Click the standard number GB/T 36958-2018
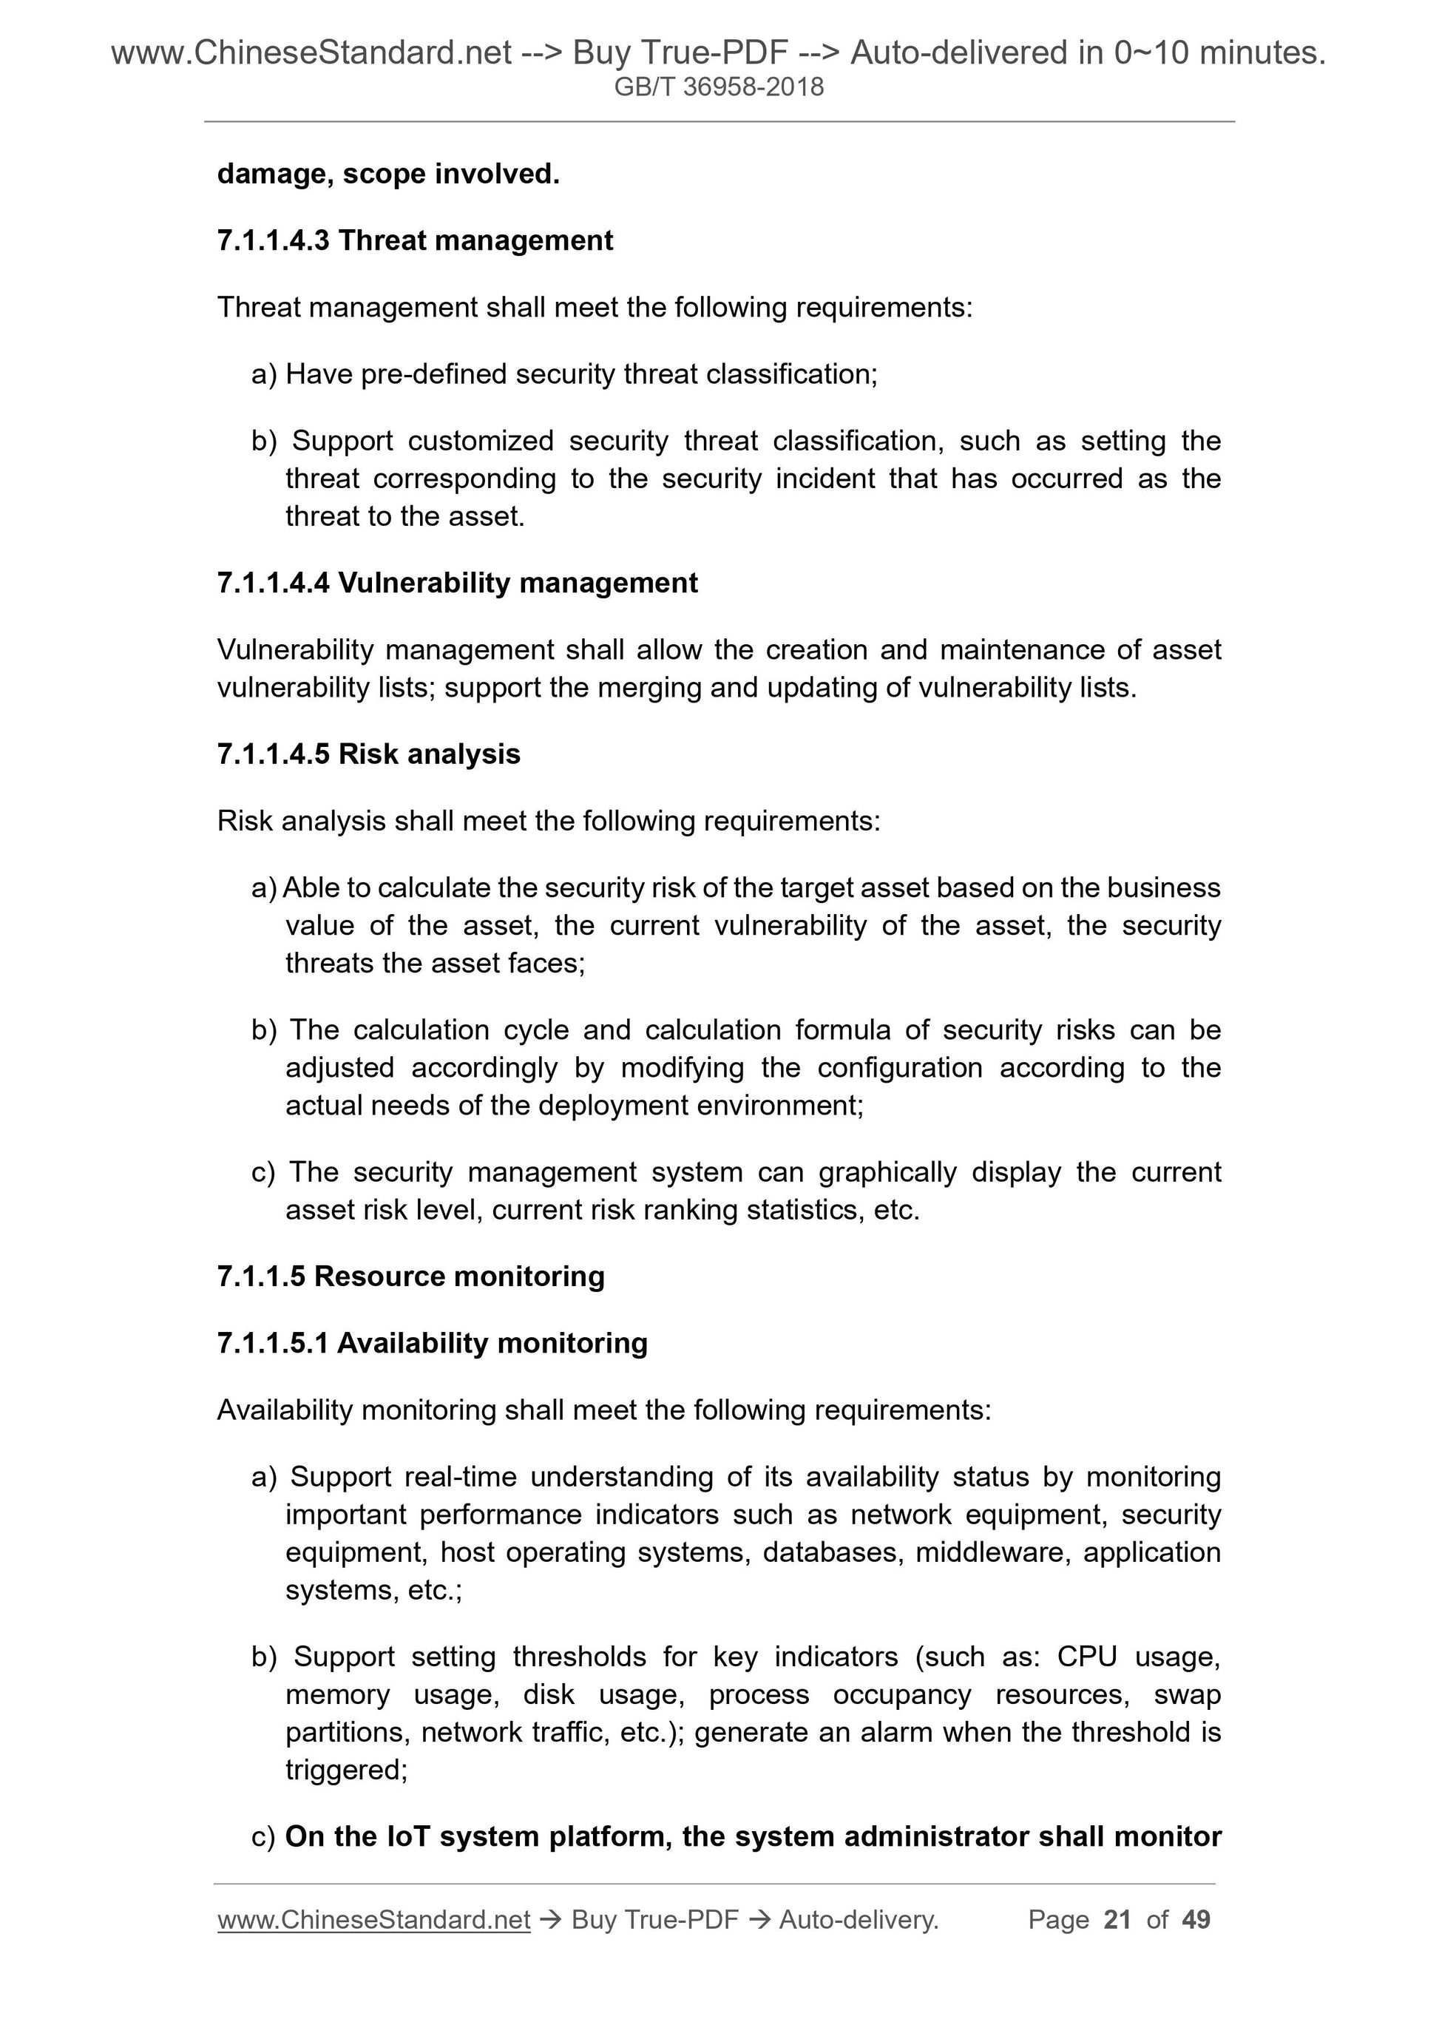tap(719, 87)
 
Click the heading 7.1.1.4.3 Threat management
tap(415, 240)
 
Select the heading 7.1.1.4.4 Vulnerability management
tap(456, 583)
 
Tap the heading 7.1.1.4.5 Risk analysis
tap(368, 754)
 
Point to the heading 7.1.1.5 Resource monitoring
tap(410, 1276)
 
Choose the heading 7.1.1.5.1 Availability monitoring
tap(432, 1342)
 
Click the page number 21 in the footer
tap(1117, 1920)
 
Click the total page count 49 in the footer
tap(1196, 1920)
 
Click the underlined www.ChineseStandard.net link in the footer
tap(373, 1920)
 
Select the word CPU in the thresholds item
tap(1087, 1657)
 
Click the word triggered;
tap(346, 1770)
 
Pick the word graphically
tap(887, 1172)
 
